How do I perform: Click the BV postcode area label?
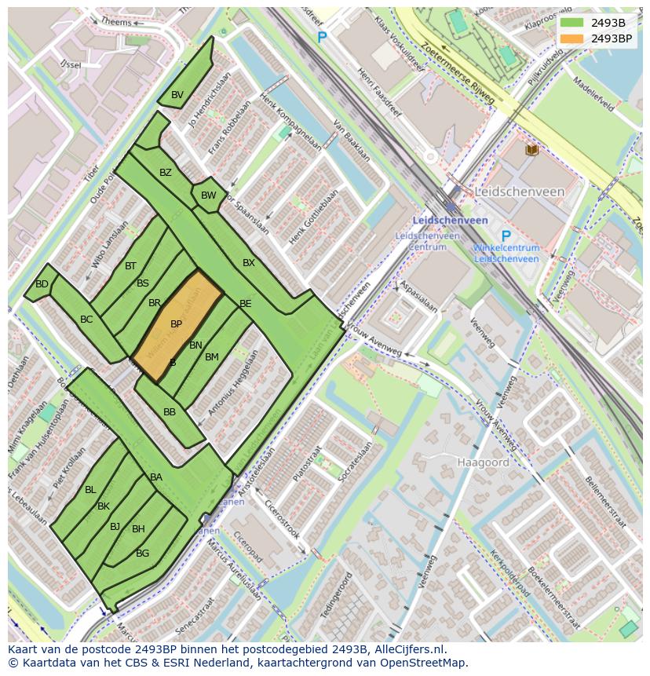(x=177, y=95)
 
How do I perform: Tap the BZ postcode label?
(x=166, y=173)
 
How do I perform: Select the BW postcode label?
(x=208, y=195)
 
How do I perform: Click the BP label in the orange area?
(x=176, y=323)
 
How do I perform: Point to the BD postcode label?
(x=42, y=284)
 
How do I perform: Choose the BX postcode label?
(x=249, y=263)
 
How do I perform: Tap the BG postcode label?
(x=142, y=554)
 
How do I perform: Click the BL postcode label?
(x=90, y=490)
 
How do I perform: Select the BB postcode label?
(x=170, y=412)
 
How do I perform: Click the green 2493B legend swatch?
(x=572, y=23)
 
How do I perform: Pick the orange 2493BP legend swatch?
(x=572, y=38)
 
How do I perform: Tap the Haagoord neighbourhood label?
(x=483, y=462)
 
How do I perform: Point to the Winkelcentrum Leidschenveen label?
(x=506, y=254)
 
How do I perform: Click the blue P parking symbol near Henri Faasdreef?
(x=321, y=38)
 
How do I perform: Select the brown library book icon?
(x=532, y=149)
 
